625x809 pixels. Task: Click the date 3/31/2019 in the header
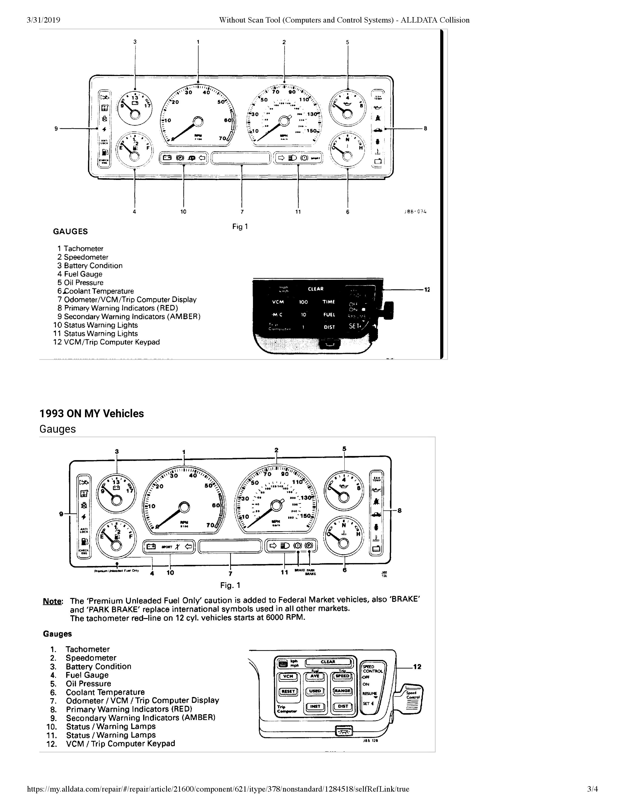click(x=43, y=20)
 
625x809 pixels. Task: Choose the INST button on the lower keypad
click(x=315, y=706)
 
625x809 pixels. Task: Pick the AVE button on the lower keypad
click(x=315, y=676)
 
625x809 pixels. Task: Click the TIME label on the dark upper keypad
click(x=329, y=302)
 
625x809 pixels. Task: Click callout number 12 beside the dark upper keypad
click(x=427, y=290)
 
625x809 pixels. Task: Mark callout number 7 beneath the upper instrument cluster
click(x=242, y=212)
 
